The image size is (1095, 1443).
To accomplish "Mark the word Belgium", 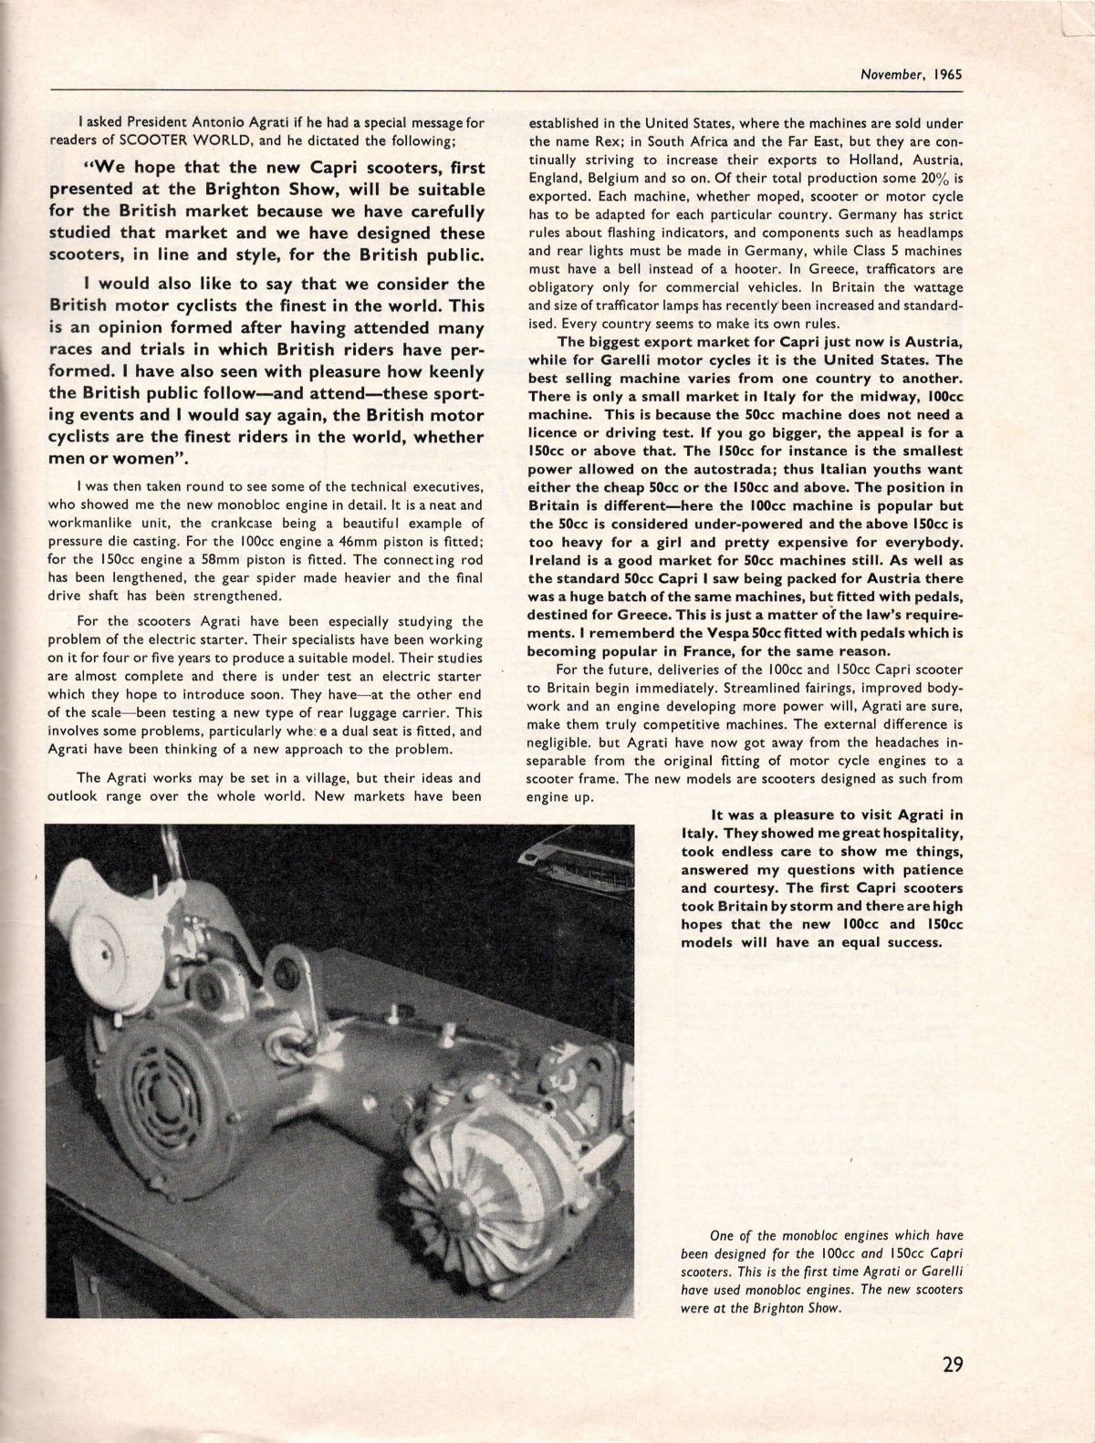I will pos(634,180).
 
